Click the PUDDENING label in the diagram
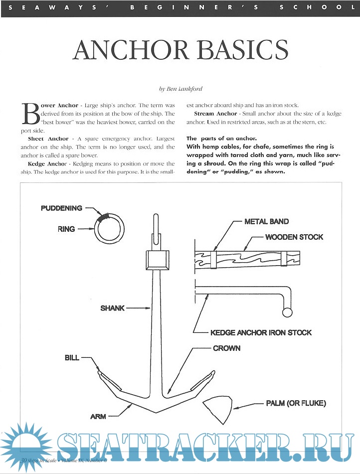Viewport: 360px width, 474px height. (x=62, y=208)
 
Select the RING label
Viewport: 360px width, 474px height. (x=66, y=229)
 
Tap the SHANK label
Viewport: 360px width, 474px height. (x=112, y=308)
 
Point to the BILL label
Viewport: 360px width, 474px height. (x=71, y=358)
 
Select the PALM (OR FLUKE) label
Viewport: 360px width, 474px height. (x=296, y=403)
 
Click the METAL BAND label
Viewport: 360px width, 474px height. (x=267, y=221)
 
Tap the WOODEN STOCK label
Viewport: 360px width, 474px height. (x=294, y=237)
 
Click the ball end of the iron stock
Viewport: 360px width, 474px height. (x=287, y=313)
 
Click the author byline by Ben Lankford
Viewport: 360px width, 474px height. (x=180, y=89)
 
